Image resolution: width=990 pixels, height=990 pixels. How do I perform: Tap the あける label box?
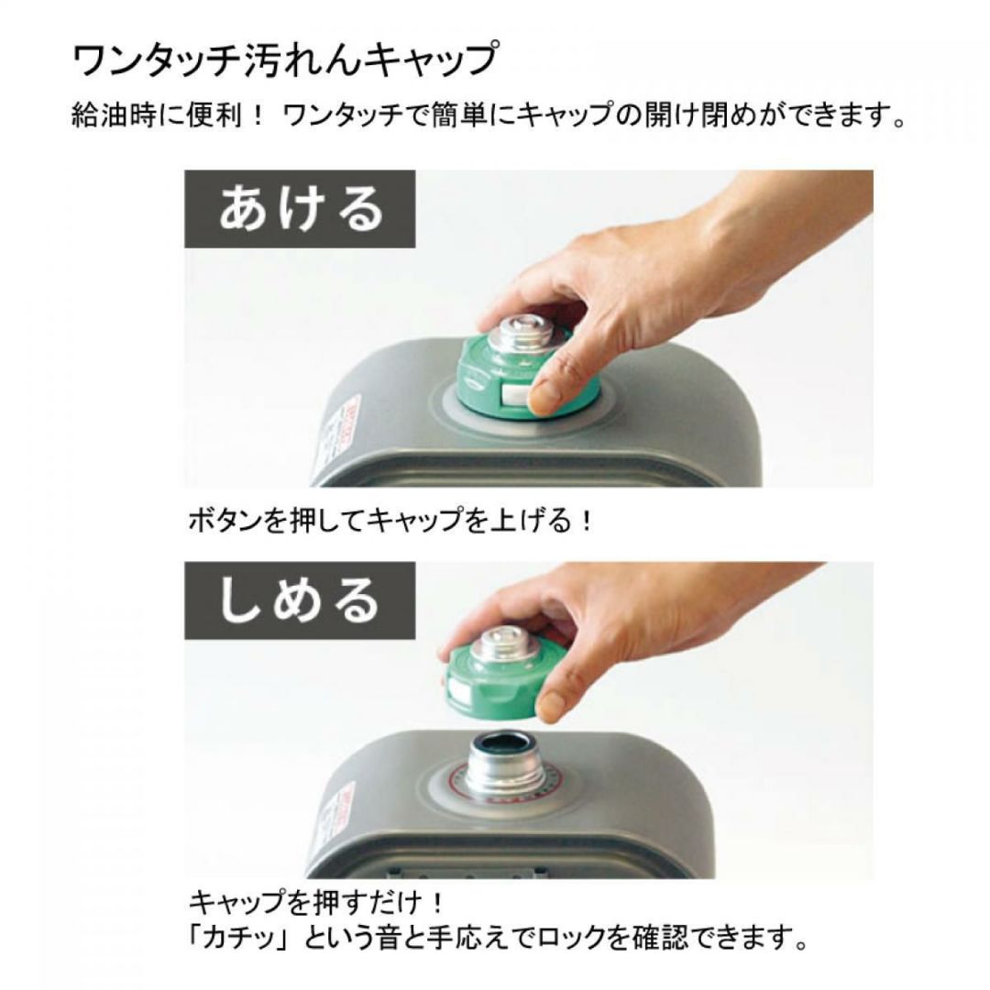tap(300, 209)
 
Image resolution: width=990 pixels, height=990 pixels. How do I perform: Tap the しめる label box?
tap(300, 600)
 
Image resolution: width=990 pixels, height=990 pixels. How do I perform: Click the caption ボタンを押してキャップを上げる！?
tap(390, 521)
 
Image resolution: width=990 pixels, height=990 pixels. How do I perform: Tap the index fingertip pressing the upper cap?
tap(546, 399)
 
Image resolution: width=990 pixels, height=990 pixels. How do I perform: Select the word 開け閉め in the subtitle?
tap(686, 116)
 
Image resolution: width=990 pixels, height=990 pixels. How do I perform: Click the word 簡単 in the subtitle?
tap(459, 116)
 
